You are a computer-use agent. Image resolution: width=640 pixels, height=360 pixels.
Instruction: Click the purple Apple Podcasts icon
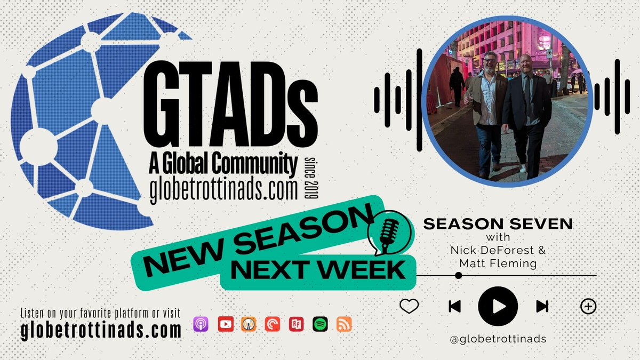[x=201, y=324]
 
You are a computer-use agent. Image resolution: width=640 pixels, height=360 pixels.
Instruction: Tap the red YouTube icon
[x=225, y=324]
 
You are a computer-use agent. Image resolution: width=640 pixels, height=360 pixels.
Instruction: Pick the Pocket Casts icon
[x=273, y=324]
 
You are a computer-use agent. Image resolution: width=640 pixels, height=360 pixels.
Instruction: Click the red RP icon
[x=296, y=324]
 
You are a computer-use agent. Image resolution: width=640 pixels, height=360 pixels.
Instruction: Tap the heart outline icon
[x=409, y=306]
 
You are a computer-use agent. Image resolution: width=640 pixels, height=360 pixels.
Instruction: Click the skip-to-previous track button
[x=454, y=306]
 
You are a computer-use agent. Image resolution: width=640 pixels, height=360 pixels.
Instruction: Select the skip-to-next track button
[x=542, y=306]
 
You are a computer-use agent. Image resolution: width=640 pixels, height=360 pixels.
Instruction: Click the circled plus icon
[x=588, y=306]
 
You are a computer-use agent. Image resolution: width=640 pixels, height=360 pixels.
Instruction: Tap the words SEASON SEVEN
[x=498, y=224]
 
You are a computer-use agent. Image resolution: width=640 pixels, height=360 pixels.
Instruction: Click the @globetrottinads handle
[x=498, y=339]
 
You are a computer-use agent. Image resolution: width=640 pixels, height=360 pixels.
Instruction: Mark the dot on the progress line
[x=458, y=276]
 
